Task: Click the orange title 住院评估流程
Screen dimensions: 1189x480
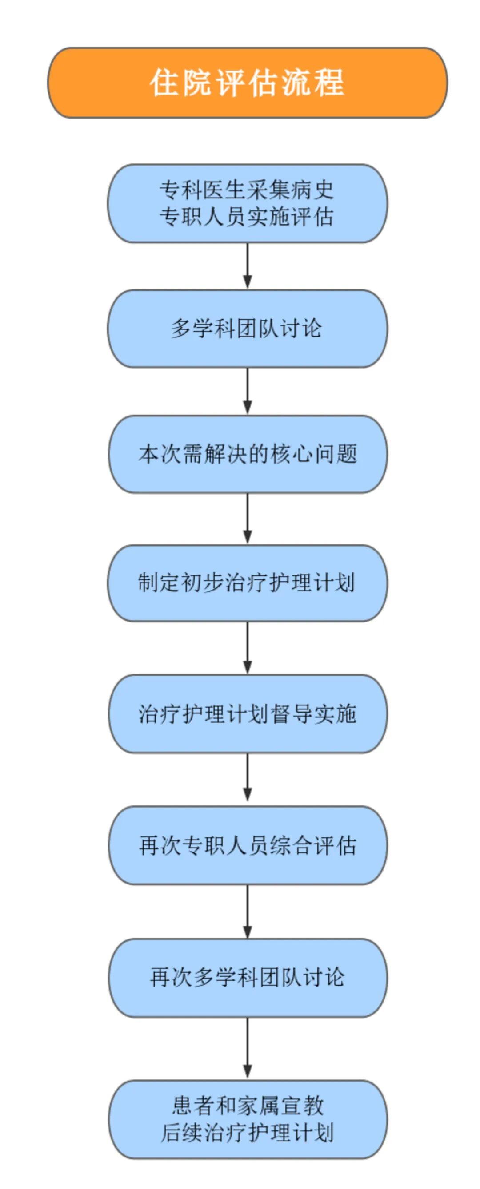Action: click(x=247, y=83)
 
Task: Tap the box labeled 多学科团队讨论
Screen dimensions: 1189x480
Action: click(x=247, y=329)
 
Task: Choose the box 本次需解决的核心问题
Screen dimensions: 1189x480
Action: click(x=247, y=454)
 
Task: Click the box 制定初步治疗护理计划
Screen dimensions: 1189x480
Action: click(x=247, y=583)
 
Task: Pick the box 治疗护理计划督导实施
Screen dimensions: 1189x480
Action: click(x=247, y=713)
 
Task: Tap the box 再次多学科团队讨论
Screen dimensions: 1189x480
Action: click(x=247, y=977)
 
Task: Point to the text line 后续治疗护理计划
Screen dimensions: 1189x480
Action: click(x=247, y=1132)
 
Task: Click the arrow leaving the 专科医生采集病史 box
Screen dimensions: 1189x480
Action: click(x=248, y=266)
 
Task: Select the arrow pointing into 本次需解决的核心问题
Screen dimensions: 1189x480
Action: click(x=248, y=391)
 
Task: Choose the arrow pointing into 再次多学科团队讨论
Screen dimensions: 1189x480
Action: click(x=248, y=911)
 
